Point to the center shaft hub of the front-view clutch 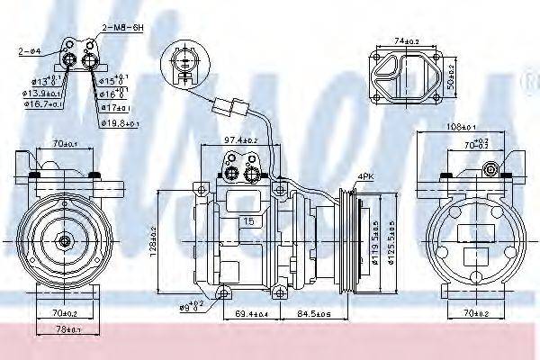coord(64,240)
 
